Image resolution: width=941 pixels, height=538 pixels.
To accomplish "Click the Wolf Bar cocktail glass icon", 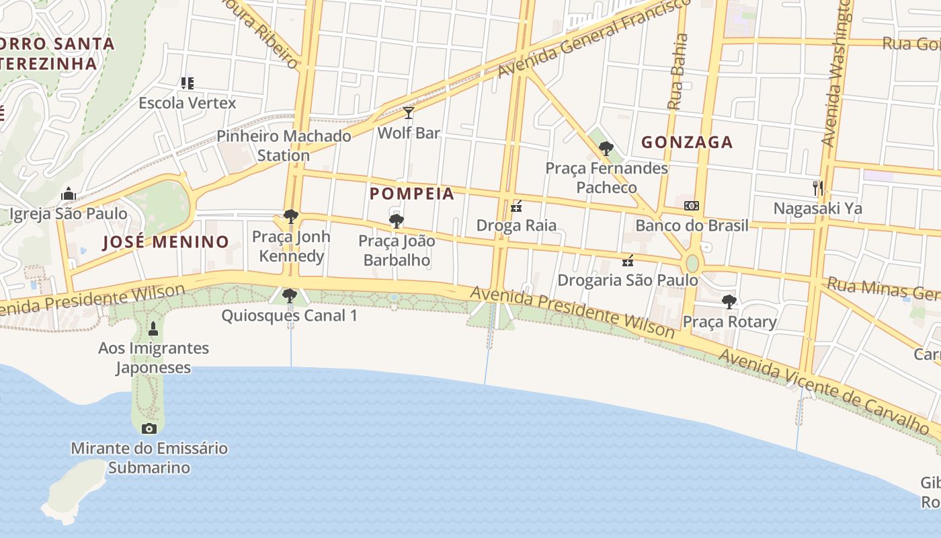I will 408,113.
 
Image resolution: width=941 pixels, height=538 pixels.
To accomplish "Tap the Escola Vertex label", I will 188,103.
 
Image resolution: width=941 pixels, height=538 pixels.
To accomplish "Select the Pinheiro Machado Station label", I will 284,145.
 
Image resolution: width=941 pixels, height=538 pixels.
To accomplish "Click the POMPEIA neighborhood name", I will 412,194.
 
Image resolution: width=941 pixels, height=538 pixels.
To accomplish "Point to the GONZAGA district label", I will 686,142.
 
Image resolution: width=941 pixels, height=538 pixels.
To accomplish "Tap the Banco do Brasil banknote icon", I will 691,206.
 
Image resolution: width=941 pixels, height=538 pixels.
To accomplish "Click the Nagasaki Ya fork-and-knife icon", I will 817,188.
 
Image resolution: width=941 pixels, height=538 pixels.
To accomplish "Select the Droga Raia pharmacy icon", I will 516,206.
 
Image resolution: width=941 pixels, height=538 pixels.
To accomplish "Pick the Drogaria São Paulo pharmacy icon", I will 628,260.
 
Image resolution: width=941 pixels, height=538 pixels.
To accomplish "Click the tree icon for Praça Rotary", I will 729,301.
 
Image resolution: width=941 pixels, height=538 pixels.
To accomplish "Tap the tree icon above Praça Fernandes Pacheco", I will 606,148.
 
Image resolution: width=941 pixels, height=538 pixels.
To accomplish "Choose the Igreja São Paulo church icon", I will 68,194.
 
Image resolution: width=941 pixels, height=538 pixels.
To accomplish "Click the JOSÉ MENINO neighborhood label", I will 165,241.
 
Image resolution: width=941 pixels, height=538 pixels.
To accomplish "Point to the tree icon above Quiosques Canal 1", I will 290,295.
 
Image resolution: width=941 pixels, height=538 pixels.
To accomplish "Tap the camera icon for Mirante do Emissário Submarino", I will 149,428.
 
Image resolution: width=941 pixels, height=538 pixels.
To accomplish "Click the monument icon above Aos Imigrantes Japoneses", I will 153,329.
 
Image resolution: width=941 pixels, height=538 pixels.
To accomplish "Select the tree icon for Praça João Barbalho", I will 397,220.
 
